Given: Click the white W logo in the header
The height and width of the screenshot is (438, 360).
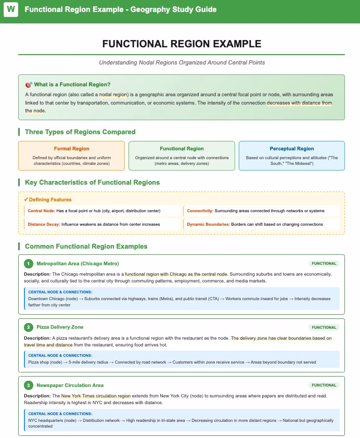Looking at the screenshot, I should click(10, 10).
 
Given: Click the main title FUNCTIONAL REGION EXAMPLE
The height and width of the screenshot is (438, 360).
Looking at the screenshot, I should click(182, 44).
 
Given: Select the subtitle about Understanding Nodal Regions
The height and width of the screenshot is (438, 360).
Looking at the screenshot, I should click(182, 62).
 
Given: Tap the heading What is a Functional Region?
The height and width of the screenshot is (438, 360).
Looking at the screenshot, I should click(72, 84).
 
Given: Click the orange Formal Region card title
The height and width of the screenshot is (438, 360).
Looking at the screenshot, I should click(71, 149).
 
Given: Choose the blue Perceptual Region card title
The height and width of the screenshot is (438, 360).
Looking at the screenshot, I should click(291, 149).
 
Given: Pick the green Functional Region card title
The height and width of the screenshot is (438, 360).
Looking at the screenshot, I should click(182, 149).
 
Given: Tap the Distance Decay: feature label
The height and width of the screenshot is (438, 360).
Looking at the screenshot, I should click(44, 224).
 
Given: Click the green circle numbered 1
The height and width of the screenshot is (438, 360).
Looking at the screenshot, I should click(29, 264).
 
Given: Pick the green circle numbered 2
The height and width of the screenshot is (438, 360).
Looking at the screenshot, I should click(29, 328).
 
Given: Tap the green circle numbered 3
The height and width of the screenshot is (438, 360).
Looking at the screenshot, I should click(29, 385).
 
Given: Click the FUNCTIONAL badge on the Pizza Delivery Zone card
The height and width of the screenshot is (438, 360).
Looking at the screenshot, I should click(324, 328).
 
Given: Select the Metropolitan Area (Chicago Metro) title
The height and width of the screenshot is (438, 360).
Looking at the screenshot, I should click(78, 264).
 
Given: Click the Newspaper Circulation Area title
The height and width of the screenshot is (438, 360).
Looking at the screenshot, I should click(70, 385).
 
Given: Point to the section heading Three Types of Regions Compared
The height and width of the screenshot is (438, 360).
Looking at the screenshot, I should click(80, 132).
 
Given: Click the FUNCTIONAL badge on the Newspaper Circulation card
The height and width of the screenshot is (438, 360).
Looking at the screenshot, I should click(324, 385).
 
